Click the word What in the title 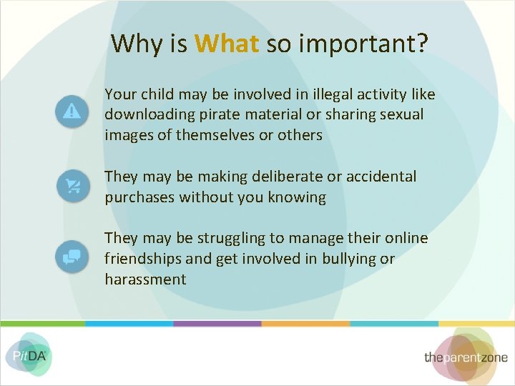[x=226, y=44]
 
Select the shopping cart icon [x=72, y=186]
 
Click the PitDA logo [x=28, y=354]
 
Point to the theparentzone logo [x=465, y=357]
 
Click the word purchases [x=139, y=197]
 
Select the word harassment [x=145, y=279]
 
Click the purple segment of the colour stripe [x=217, y=324]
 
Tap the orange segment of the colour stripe [x=305, y=324]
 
